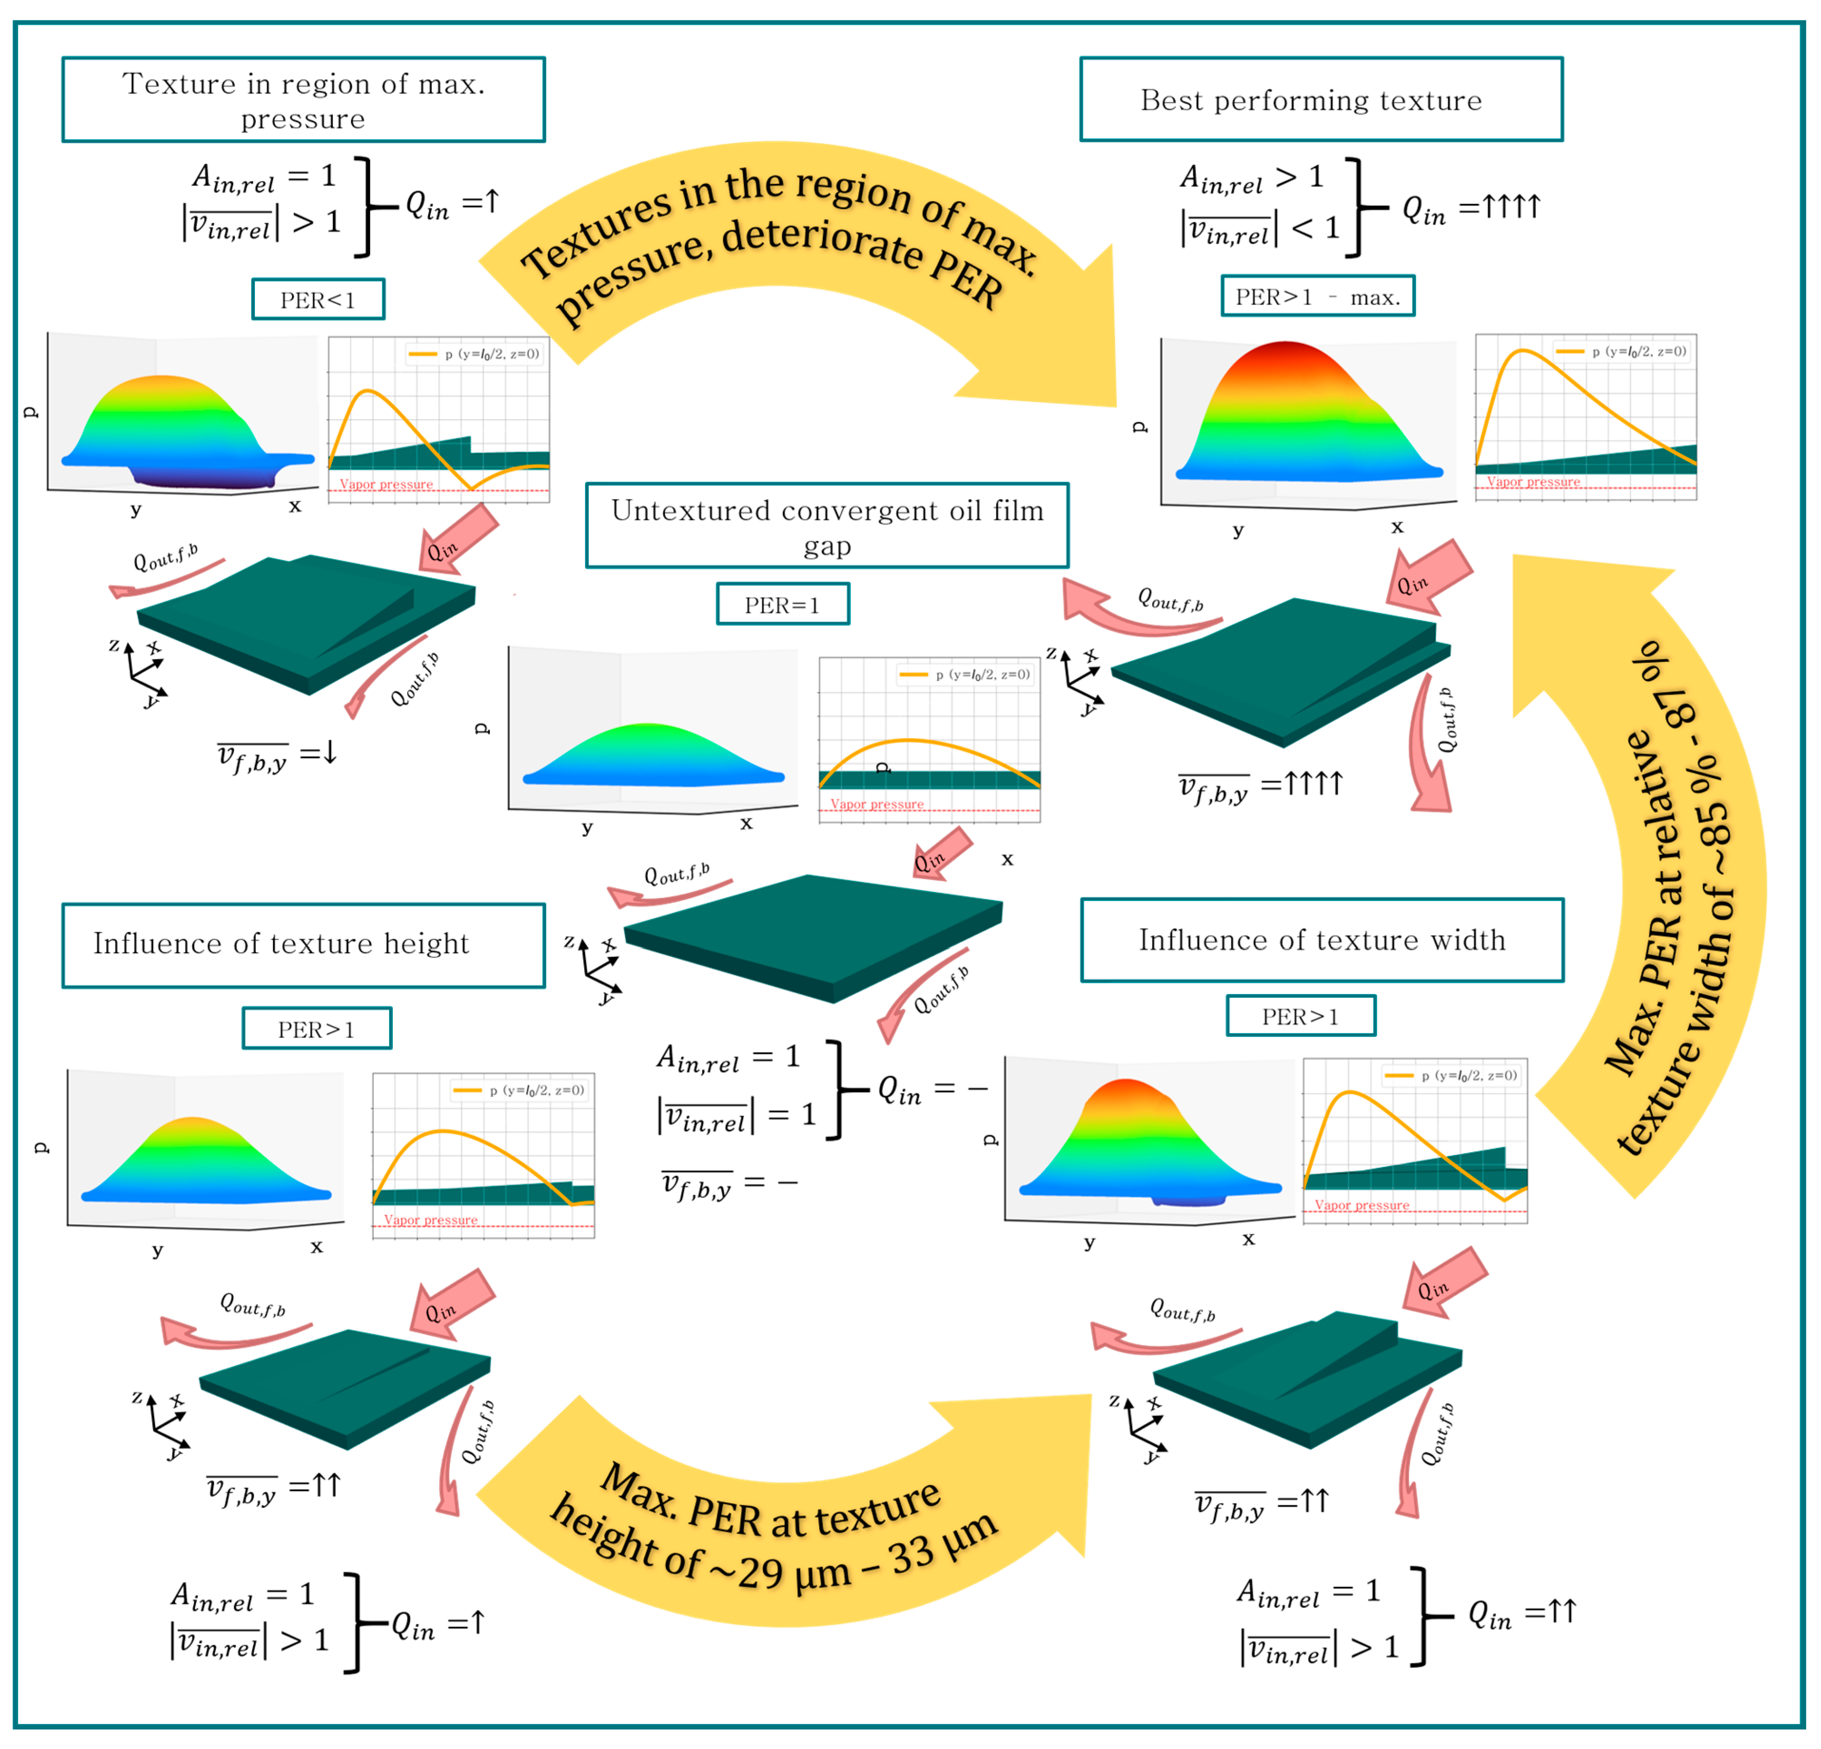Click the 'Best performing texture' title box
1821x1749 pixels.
coord(1320,99)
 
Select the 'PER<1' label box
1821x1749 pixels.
coord(318,299)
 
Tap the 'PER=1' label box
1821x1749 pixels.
coord(782,604)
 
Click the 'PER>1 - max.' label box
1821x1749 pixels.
coord(1317,296)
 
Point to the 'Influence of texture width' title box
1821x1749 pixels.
coord(1321,940)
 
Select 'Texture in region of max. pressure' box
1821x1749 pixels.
coord(303,99)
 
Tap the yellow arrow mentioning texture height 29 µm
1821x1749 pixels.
coord(781,1524)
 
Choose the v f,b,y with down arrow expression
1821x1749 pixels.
coord(276,755)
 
